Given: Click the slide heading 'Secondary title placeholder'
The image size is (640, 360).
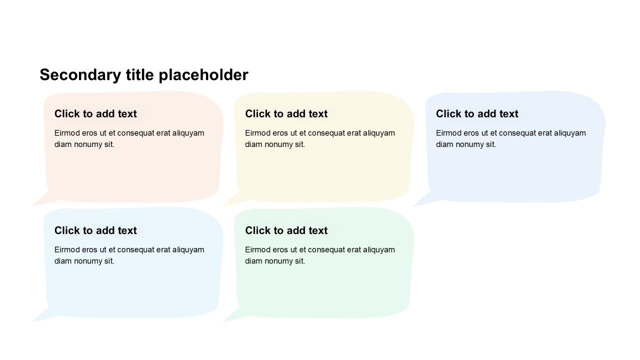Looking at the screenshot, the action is (x=144, y=75).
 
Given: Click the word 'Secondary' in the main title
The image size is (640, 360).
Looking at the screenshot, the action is (x=80, y=75).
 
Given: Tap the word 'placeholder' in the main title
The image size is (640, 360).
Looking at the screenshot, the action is (x=203, y=75).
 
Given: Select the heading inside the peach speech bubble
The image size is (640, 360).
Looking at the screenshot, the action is (x=95, y=113).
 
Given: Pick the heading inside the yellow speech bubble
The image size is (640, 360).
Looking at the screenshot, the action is (x=286, y=113).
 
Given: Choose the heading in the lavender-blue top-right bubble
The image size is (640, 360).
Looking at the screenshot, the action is (x=477, y=113).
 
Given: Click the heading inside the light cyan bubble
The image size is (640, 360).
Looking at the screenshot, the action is (x=95, y=230).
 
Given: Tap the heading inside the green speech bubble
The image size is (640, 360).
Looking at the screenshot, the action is (x=286, y=230).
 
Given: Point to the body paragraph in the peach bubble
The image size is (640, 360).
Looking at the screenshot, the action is (x=129, y=138).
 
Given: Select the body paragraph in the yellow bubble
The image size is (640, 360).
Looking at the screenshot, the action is (x=320, y=138).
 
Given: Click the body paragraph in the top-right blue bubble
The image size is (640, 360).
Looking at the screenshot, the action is (x=511, y=138).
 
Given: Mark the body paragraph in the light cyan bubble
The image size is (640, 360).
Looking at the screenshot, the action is (x=129, y=255).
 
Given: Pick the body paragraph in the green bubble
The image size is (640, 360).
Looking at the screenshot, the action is (x=320, y=255).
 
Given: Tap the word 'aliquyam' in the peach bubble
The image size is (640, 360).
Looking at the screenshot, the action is (x=188, y=133).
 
